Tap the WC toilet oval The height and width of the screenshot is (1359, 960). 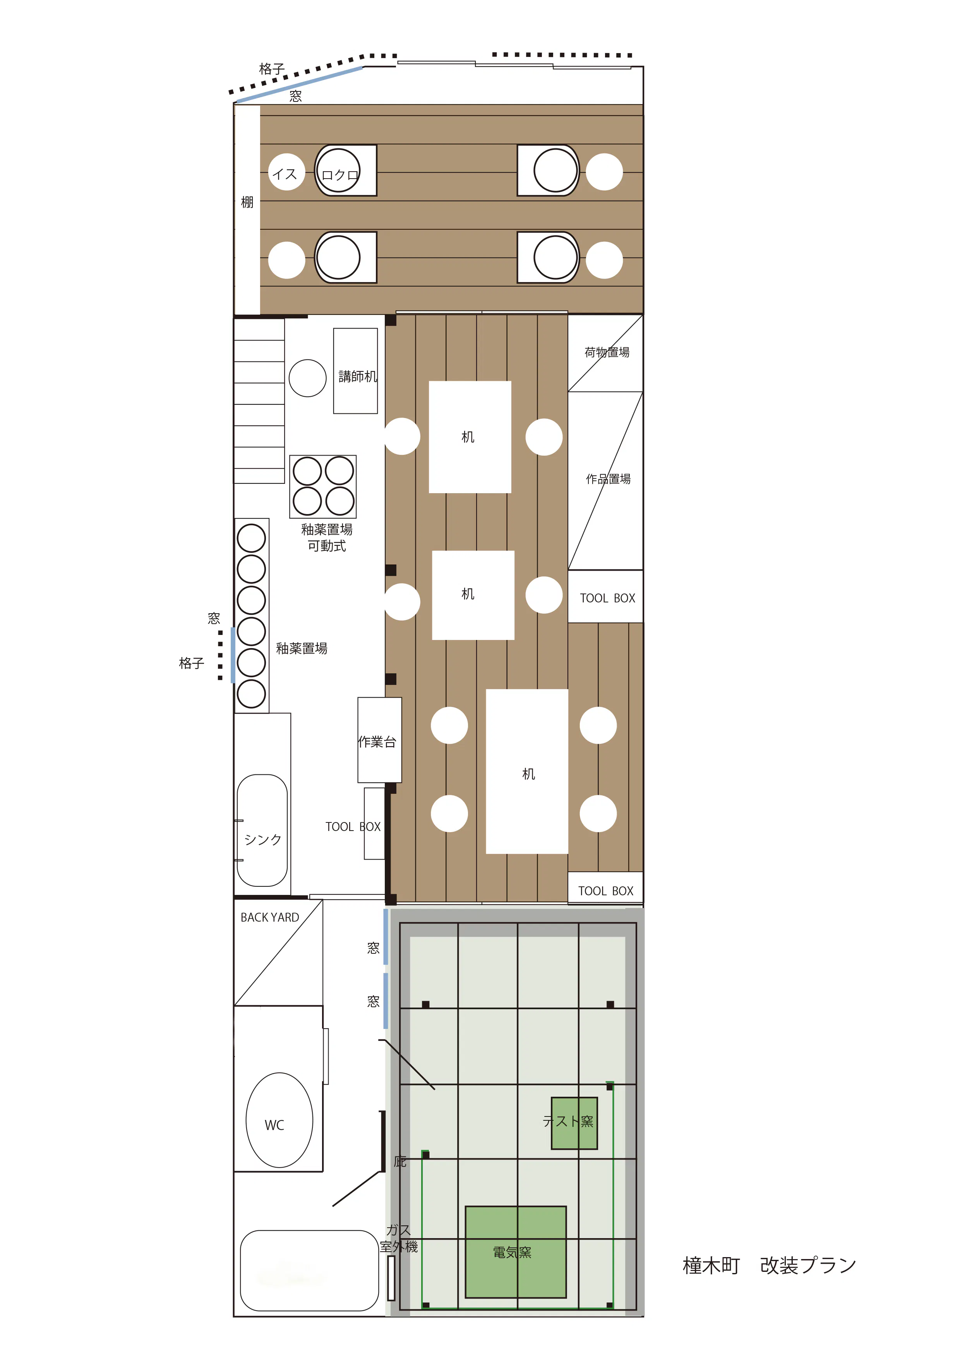click(279, 1120)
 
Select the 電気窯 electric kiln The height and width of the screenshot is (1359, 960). click(516, 1252)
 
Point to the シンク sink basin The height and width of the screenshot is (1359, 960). click(262, 831)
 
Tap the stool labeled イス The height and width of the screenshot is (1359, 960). click(286, 172)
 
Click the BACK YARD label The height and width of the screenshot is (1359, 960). click(270, 917)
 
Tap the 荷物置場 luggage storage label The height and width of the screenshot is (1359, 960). click(607, 352)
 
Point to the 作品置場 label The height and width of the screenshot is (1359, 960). click(608, 479)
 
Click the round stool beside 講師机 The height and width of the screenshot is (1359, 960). click(308, 378)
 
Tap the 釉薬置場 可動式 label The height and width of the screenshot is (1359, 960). click(327, 537)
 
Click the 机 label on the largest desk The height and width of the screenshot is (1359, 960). click(529, 774)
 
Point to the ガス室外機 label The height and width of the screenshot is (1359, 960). click(399, 1238)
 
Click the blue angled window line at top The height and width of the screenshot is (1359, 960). click(299, 84)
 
